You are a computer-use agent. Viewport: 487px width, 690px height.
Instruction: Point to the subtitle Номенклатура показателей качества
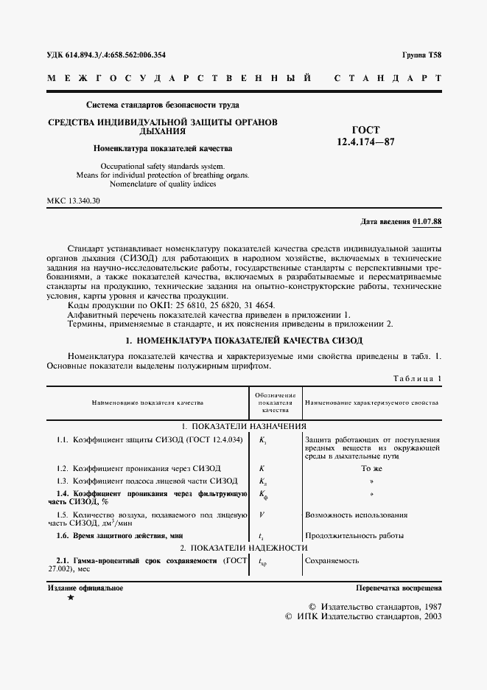(162, 147)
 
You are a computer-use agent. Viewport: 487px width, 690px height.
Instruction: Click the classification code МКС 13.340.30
(74, 201)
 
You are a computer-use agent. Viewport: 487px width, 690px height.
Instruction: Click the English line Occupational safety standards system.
(162, 167)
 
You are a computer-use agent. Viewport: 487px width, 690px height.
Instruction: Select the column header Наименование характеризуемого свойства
(372, 403)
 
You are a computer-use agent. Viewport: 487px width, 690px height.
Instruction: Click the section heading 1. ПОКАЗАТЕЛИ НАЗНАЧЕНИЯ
(244, 426)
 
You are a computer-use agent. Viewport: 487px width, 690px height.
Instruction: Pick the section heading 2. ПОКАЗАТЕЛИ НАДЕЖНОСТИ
(244, 548)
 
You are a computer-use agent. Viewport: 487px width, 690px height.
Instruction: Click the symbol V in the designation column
(262, 514)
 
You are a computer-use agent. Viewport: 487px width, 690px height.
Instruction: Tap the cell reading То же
(371, 468)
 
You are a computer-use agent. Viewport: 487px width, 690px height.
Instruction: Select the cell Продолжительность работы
(354, 535)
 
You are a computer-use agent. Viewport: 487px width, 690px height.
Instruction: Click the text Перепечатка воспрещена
(398, 588)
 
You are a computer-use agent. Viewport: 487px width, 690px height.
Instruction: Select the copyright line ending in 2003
(363, 616)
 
